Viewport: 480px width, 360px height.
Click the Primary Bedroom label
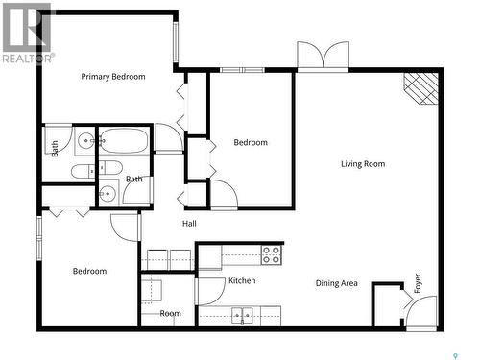coord(113,77)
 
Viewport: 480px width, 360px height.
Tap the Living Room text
coord(363,164)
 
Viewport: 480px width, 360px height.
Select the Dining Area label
coord(337,283)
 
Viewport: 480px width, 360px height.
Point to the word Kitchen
coord(242,281)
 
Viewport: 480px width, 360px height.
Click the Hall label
coord(190,225)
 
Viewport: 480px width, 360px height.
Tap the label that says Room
coord(171,314)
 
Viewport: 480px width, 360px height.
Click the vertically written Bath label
coord(55,149)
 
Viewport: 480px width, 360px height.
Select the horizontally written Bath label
coord(134,180)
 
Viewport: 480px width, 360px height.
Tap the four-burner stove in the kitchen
coord(272,255)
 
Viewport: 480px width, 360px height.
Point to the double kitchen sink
coord(243,314)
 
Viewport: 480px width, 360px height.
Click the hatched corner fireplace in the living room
coord(420,87)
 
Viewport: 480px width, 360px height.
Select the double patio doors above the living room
coord(323,56)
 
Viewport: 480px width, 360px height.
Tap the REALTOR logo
coord(27,33)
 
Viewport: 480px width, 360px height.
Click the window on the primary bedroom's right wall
coord(176,41)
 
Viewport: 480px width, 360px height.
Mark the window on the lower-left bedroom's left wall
coord(38,238)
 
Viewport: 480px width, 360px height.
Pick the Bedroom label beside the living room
coord(251,143)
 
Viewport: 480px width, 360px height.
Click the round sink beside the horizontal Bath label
coord(107,193)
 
